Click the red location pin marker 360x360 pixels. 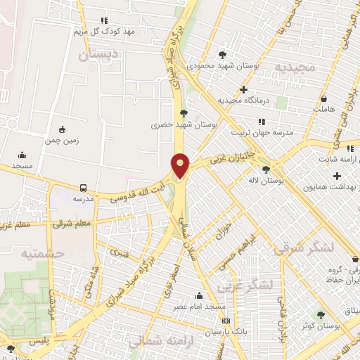(x=181, y=165)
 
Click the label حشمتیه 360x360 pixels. (x=42, y=252)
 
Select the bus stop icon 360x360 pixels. (x=84, y=188)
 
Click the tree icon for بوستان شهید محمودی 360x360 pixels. (x=223, y=54)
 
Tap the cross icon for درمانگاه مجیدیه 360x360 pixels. (x=243, y=89)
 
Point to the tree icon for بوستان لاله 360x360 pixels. (x=265, y=169)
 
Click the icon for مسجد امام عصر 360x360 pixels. (x=200, y=295)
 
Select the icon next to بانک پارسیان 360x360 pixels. (x=225, y=321)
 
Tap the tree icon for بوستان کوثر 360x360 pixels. (x=321, y=315)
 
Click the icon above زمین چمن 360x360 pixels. (x=62, y=129)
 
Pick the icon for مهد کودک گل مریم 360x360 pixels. (x=105, y=20)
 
